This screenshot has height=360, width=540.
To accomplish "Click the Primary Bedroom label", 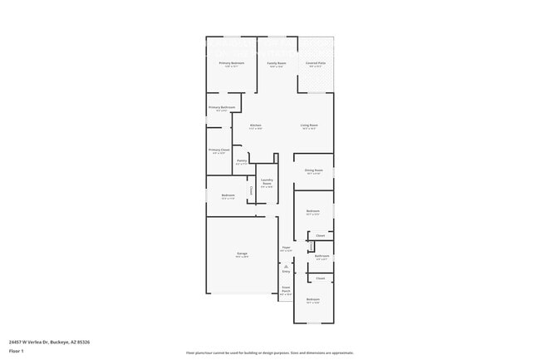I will (x=232, y=63).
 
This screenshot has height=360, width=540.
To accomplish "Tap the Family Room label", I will (x=276, y=63).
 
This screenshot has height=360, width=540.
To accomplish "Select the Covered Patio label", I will (x=316, y=63).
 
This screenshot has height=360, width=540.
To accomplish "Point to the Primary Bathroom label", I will (x=222, y=107).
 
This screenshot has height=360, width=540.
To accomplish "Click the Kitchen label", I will (x=256, y=126).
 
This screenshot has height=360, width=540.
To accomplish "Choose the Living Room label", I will (x=310, y=126).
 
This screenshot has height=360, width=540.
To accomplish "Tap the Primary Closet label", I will (x=219, y=150).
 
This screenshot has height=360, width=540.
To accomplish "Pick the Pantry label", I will (x=242, y=160).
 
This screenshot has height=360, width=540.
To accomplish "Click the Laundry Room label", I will (x=268, y=181).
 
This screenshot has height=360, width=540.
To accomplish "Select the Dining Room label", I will (x=313, y=170).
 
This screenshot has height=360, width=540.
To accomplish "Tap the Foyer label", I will (x=286, y=247).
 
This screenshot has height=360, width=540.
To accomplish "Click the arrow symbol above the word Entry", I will (x=286, y=266).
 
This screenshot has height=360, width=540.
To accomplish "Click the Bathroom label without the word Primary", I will (x=322, y=255).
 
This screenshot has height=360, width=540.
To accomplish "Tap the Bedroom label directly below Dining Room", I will (x=313, y=211).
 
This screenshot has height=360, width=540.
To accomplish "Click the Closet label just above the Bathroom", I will (x=320, y=235).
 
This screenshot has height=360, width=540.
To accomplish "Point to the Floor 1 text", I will (x=17, y=351).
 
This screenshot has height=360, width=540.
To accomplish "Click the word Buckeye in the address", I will (x=60, y=342).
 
